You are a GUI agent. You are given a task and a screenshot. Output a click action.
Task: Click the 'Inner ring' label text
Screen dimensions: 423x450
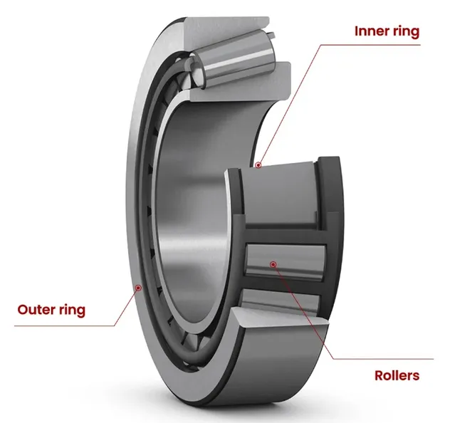[x=387, y=31]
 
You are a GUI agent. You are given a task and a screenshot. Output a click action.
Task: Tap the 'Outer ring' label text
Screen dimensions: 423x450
[x=51, y=310]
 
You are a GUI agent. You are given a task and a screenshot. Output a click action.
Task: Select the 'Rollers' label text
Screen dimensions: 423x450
[x=397, y=375]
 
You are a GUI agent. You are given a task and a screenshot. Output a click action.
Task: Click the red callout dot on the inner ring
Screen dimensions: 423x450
[x=259, y=165]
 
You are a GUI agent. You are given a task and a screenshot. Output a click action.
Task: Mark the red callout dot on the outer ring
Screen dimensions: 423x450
[x=139, y=288]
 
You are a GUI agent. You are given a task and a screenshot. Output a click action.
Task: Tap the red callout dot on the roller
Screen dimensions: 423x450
[x=273, y=264]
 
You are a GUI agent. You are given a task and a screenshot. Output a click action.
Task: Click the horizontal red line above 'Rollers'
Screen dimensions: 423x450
[x=384, y=358]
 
